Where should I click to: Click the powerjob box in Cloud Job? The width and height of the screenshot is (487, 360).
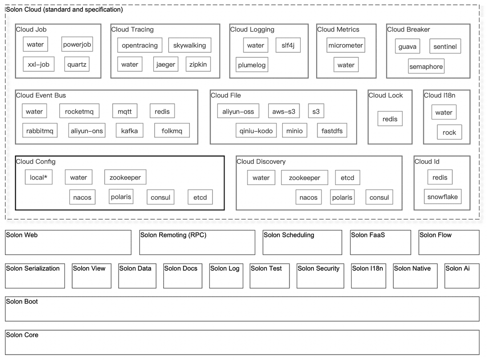(77, 44)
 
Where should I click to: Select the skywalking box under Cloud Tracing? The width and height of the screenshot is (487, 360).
(189, 46)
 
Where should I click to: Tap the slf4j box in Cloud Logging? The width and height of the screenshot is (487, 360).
(288, 46)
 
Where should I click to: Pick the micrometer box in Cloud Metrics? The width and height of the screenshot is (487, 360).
(346, 46)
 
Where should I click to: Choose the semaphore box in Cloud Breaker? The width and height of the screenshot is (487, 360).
(426, 66)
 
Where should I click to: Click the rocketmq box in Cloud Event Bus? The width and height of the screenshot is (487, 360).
(79, 111)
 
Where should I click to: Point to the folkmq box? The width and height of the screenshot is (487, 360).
(172, 131)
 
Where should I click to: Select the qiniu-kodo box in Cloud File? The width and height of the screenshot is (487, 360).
(256, 131)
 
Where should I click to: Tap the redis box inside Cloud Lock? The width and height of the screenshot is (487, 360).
(390, 119)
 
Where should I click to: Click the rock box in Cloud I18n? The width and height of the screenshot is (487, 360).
(449, 133)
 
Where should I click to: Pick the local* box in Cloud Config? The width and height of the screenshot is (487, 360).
(38, 177)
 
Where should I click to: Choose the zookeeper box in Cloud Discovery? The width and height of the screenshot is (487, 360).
(304, 178)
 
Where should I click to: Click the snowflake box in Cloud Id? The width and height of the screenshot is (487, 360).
(443, 197)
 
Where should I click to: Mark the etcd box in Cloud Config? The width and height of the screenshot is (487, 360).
(200, 197)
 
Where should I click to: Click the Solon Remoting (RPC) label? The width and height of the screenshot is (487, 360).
(173, 235)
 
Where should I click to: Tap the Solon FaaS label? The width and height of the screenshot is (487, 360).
(368, 235)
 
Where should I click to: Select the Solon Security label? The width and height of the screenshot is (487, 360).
(318, 268)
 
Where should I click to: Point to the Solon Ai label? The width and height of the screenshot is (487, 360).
(458, 268)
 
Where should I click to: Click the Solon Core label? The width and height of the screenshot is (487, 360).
(22, 335)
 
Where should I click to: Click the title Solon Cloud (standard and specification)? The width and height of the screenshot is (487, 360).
(64, 9)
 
